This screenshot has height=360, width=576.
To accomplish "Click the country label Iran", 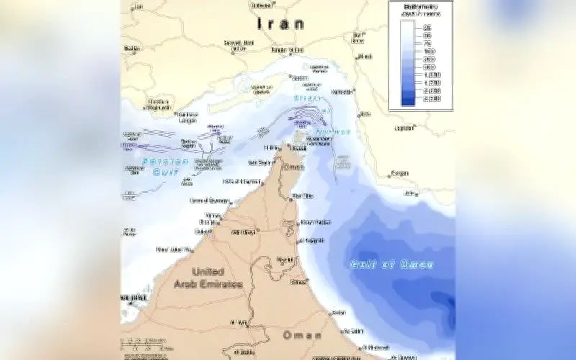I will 273,24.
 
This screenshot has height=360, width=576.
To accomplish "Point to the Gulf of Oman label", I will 392,264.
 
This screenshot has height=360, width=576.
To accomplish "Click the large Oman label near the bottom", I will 302,336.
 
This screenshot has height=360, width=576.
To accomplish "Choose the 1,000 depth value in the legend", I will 433,75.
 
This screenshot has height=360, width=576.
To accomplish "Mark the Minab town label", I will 366,56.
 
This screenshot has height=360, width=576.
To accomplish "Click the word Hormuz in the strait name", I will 333,132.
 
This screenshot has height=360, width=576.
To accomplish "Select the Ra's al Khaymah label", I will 241,181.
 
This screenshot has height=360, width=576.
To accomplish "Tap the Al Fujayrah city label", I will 312,240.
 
